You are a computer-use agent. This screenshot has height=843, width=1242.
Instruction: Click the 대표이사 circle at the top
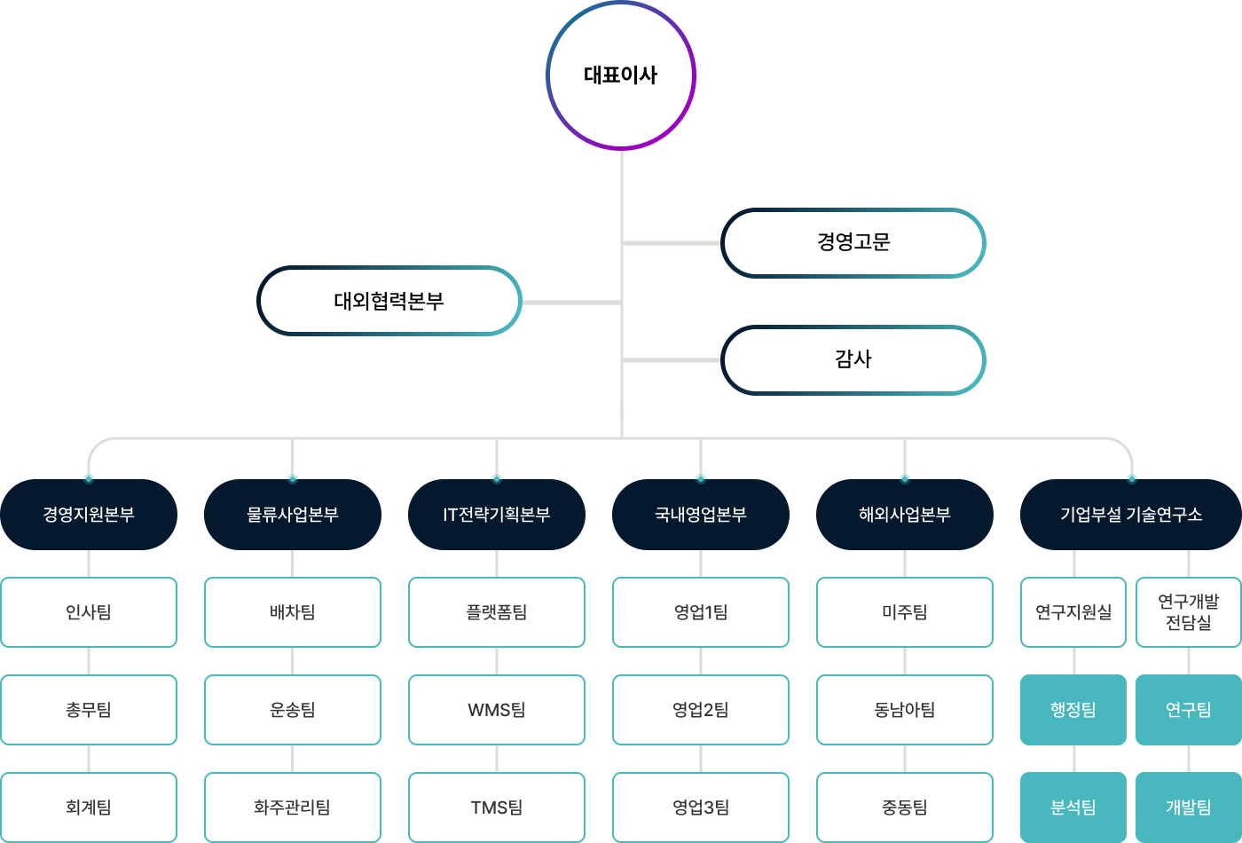[x=621, y=75]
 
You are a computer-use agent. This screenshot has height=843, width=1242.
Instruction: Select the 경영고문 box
[x=853, y=242]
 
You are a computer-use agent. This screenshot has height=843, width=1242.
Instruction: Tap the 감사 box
[x=853, y=359]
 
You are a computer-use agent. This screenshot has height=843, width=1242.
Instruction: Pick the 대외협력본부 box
[x=389, y=301]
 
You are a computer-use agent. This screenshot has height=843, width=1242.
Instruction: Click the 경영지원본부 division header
[x=89, y=515]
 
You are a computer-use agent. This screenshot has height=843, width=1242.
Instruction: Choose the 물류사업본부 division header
[x=293, y=515]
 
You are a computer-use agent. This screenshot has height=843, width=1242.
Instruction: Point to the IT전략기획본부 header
[x=497, y=515]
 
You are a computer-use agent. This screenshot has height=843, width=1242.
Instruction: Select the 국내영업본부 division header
[x=701, y=515]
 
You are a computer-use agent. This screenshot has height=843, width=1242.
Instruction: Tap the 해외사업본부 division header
[x=905, y=515]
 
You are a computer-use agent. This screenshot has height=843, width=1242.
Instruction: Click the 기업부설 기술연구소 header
[x=1131, y=515]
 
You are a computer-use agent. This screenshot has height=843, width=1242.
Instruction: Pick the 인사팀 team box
[x=89, y=612]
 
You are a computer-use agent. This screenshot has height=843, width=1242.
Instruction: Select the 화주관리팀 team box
[x=293, y=808]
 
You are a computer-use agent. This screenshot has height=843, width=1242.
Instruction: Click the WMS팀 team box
[x=497, y=710]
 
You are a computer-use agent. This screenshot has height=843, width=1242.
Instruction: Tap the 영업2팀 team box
[x=701, y=710]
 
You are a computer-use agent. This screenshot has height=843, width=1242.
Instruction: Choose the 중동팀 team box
[x=905, y=808]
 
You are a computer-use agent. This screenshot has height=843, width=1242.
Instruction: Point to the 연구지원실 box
[x=1073, y=612]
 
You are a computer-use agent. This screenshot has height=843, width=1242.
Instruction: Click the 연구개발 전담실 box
[x=1189, y=612]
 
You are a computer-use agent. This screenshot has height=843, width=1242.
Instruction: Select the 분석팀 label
[x=1073, y=808]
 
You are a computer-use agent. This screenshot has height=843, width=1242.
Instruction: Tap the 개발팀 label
[x=1189, y=808]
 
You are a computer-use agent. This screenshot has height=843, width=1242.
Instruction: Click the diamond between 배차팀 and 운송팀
[x=293, y=661]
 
